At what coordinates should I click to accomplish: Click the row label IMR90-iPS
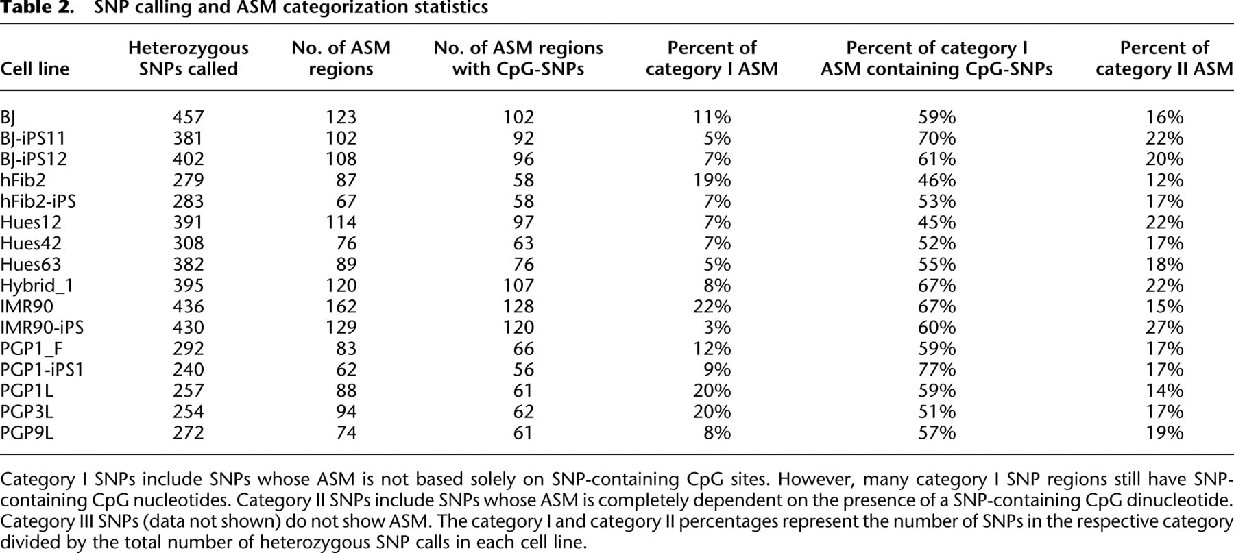pos(42,328)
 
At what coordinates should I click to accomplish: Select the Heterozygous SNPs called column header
pos(189,58)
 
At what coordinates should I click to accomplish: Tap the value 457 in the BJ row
pos(189,117)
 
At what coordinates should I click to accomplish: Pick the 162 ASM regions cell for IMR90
pos(341,306)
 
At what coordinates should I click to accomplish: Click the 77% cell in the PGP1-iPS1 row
pos(936,369)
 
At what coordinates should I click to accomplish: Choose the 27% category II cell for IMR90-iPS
pos(1164,328)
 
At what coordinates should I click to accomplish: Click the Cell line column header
pos(35,69)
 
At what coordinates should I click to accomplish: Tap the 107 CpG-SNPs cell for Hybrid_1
pos(518,286)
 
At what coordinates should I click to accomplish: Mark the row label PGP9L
pos(27,432)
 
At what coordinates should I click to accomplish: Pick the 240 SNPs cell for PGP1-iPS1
pos(189,369)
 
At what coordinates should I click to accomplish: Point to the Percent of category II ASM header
pos(1164,58)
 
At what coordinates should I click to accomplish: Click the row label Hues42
pos(31,243)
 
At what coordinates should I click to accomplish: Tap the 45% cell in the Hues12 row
pos(936,222)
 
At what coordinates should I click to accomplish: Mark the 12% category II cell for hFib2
pos(1164,180)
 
